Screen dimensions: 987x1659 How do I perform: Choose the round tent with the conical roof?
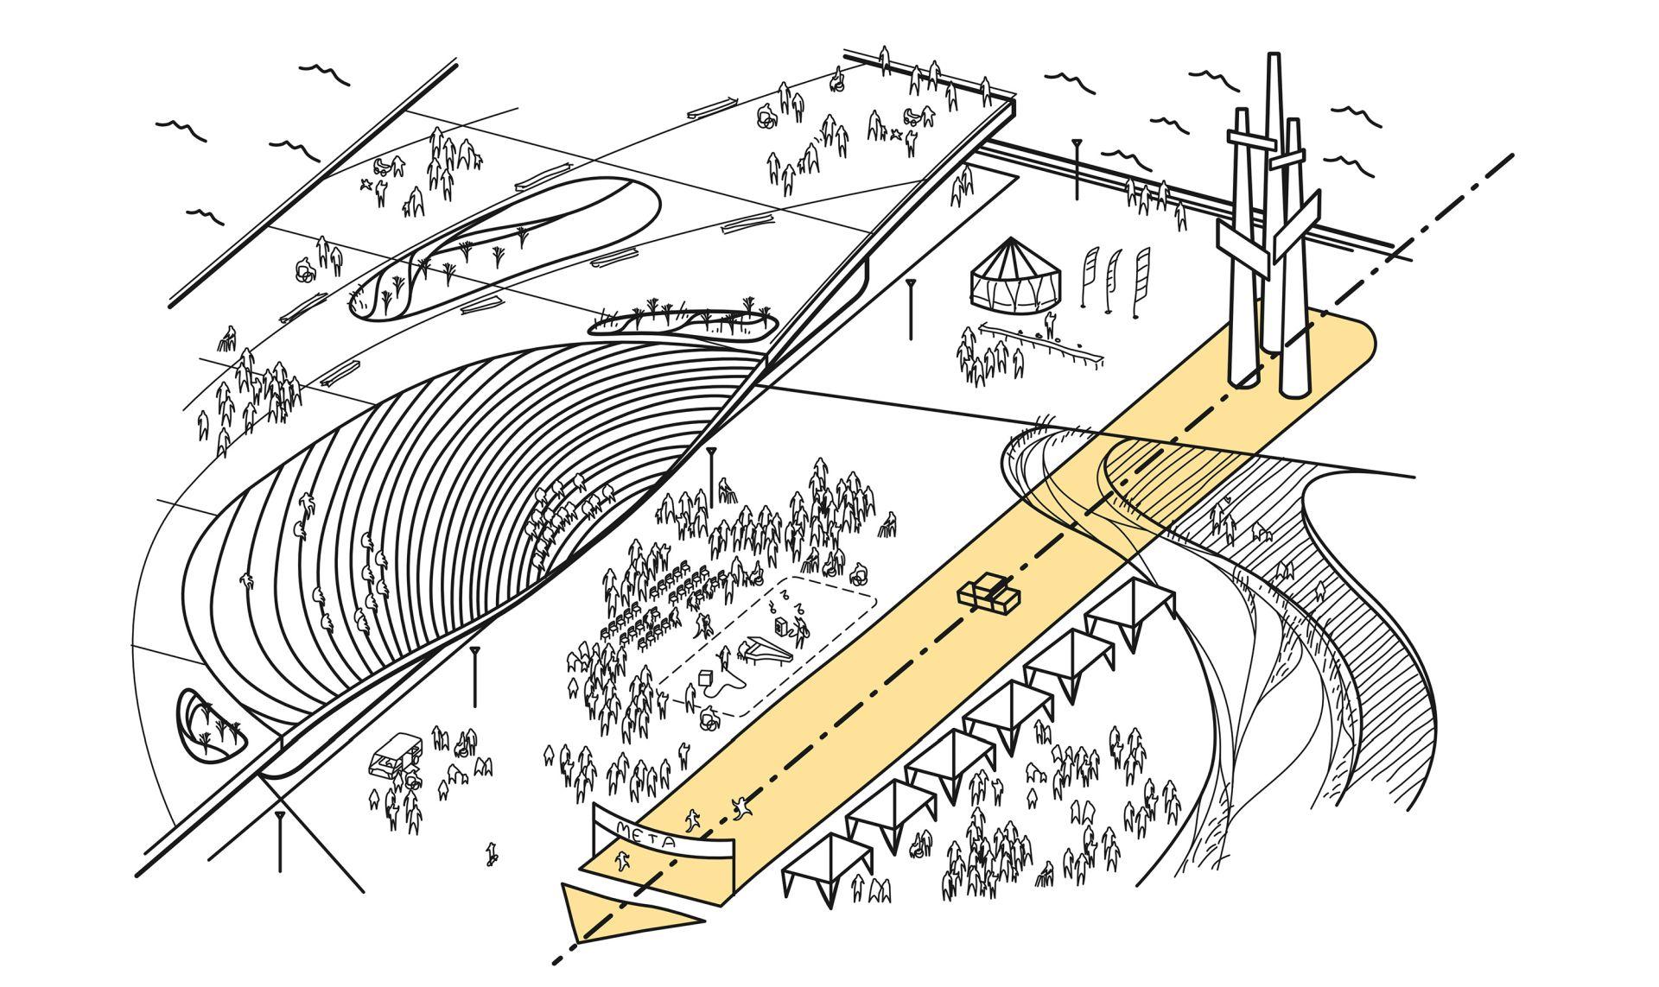point(1013,273)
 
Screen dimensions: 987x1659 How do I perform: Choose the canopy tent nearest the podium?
point(1130,604)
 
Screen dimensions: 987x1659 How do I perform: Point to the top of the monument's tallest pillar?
point(1273,60)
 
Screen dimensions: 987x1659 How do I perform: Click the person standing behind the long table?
point(1049,324)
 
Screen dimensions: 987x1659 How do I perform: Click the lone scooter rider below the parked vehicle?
point(492,853)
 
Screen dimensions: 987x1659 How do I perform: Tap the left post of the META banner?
point(598,829)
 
